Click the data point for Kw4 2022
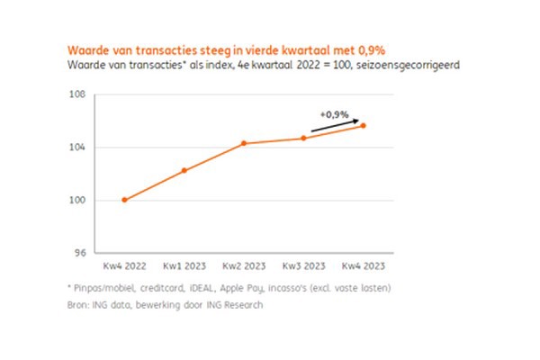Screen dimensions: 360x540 coord(124,200)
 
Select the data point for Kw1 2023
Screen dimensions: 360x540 coord(184,170)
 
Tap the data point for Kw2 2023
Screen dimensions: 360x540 coord(244,143)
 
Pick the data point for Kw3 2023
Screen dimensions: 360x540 coord(303,138)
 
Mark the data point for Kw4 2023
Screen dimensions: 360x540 coord(364,125)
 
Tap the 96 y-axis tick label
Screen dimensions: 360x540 coord(79,253)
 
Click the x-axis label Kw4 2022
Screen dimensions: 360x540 coord(124,266)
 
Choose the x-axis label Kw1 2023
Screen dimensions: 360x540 coord(184,266)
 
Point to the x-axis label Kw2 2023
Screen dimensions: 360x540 coord(244,266)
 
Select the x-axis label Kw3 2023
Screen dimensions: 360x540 coord(303,266)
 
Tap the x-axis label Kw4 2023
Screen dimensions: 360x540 coord(364,266)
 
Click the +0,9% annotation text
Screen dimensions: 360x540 coord(333,114)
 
